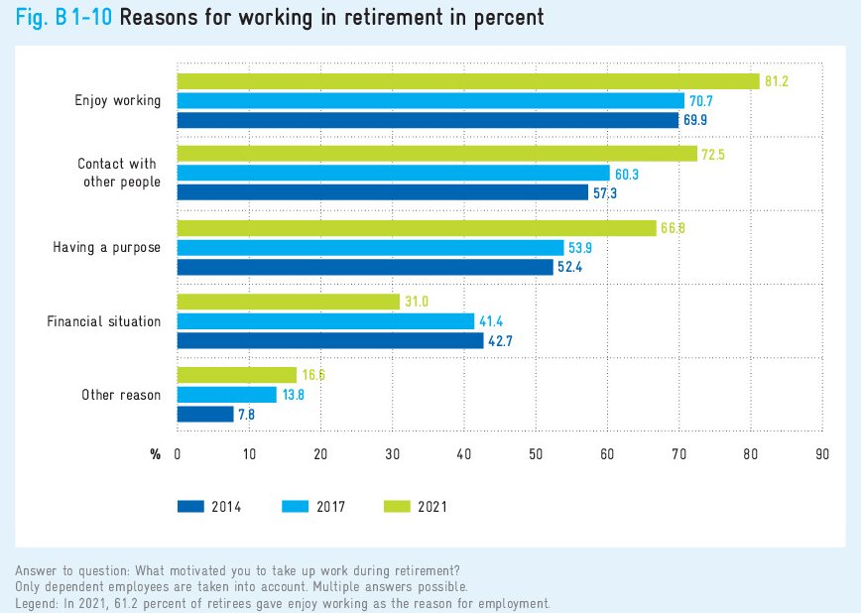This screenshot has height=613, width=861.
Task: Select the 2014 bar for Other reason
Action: coord(205,415)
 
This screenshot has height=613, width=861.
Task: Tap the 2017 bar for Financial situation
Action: coord(325,321)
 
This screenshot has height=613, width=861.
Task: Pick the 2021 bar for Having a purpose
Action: coord(417,228)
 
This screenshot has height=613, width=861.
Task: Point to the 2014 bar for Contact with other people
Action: coord(382,192)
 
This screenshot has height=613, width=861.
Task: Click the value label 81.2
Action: coord(776,81)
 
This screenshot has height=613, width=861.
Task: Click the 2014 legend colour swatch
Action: coord(189,506)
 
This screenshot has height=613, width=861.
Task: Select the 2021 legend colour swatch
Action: coord(396,506)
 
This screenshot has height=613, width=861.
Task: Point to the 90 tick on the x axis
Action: coord(821,454)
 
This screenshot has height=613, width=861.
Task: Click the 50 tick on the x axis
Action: coord(536,454)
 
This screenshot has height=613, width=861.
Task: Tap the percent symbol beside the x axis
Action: coord(155,454)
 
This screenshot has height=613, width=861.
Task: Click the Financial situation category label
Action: coord(104,321)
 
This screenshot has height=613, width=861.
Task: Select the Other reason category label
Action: coord(121,395)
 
